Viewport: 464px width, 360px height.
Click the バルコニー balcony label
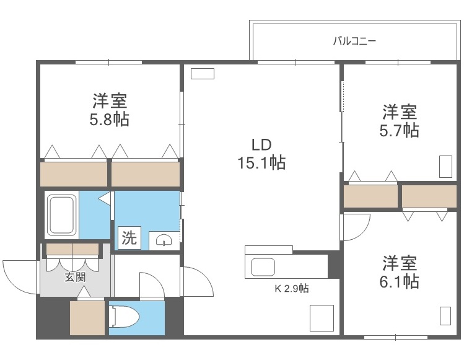tap(354, 42)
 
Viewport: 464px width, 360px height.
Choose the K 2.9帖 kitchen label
tap(292, 288)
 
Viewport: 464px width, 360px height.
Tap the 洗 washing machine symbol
tap(129, 238)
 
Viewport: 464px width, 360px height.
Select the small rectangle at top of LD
tap(202, 73)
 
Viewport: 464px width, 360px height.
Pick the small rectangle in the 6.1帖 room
tap(445, 315)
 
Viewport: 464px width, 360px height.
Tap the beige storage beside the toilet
tap(86, 318)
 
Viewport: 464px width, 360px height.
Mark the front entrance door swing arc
tap(20, 278)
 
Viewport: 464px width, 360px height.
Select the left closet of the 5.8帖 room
tap(74, 173)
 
